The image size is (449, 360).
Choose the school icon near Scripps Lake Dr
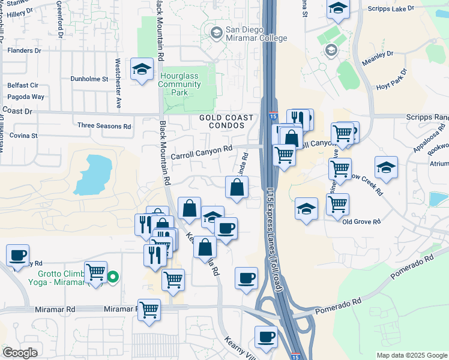[x=338, y=8]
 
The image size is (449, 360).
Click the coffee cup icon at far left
[x=17, y=254]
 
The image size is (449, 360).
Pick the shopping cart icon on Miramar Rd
[x=149, y=310]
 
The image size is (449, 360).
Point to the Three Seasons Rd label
[x=104, y=126]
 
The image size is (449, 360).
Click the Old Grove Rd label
[x=361, y=221]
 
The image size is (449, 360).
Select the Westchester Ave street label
[x=119, y=83]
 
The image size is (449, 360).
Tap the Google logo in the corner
[x=19, y=353]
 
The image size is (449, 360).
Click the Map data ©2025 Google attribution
[x=411, y=355]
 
